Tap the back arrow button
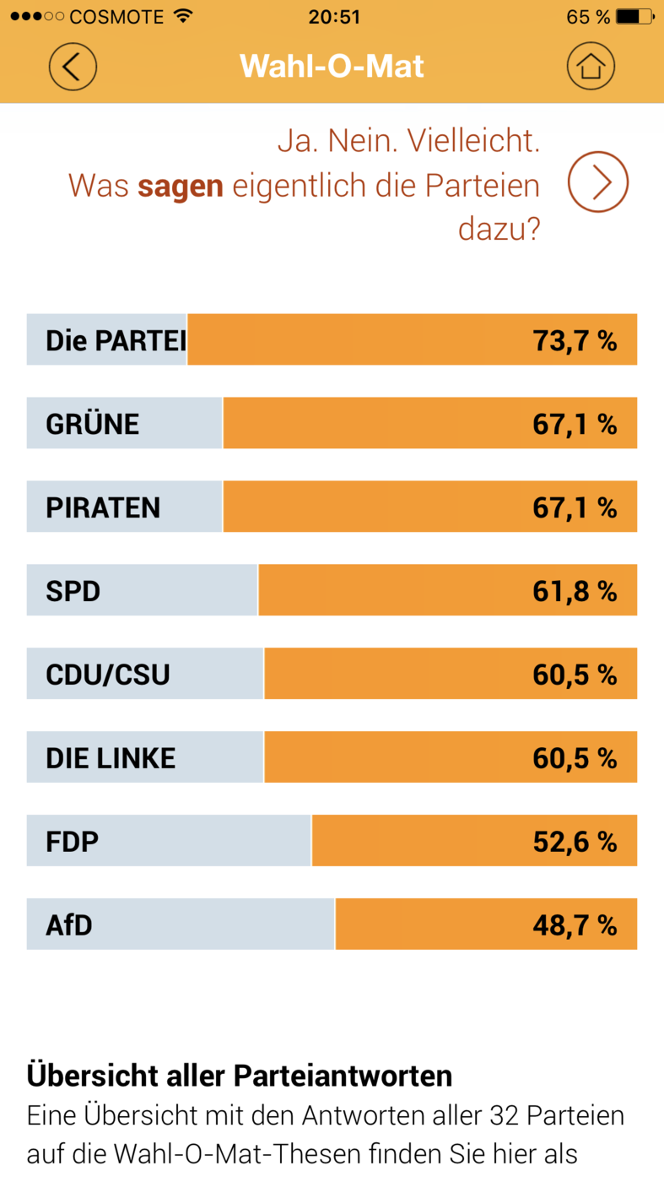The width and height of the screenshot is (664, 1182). pyautogui.click(x=73, y=67)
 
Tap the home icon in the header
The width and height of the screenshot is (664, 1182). pyautogui.click(x=591, y=67)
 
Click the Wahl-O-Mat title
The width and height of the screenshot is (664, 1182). pyautogui.click(x=332, y=66)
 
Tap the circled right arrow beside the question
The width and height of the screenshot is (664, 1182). pyautogui.click(x=598, y=182)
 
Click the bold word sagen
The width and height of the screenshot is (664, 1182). pyautogui.click(x=181, y=187)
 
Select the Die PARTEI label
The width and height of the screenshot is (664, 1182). pyautogui.click(x=116, y=340)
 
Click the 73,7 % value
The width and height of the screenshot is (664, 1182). pyautogui.click(x=575, y=340)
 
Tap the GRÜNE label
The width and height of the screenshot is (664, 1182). pyautogui.click(x=92, y=424)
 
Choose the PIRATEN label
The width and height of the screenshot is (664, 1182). pyautogui.click(x=103, y=507)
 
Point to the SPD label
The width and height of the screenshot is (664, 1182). pyautogui.click(x=73, y=591)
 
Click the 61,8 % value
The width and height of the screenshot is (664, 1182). pyautogui.click(x=575, y=591)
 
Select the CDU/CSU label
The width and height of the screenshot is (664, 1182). pyautogui.click(x=108, y=675)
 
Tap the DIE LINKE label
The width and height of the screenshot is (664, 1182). pyautogui.click(x=111, y=758)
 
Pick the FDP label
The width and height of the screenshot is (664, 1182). pyautogui.click(x=72, y=842)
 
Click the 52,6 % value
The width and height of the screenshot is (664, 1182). pyautogui.click(x=575, y=842)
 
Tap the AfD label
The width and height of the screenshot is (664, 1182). pyautogui.click(x=69, y=925)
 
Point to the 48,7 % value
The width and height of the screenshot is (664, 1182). pyautogui.click(x=575, y=925)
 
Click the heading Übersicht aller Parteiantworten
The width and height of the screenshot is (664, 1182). pyautogui.click(x=240, y=1076)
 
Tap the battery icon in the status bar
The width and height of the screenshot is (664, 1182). pyautogui.click(x=635, y=16)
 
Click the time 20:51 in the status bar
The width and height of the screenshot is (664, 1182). pyautogui.click(x=334, y=17)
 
